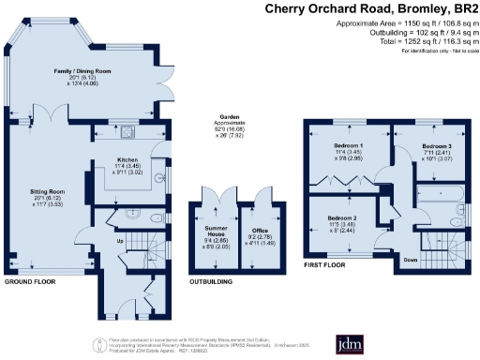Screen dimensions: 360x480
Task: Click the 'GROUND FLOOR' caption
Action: pos(28,280)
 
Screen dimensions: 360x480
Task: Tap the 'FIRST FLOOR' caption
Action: pos(323,266)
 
